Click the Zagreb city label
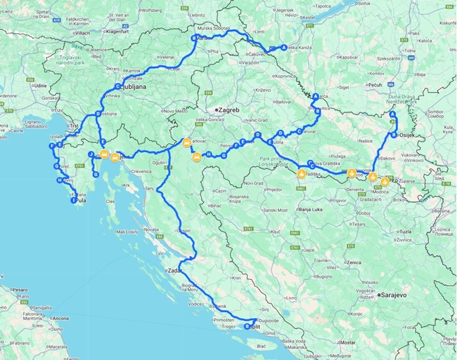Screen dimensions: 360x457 tap(228, 111)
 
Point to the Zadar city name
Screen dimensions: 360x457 tap(175, 270)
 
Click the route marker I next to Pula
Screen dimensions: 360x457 tap(73, 201)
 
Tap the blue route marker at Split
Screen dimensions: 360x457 tap(247, 327)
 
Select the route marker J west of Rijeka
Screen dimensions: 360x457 tap(91, 154)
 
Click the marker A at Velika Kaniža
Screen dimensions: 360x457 tap(284, 47)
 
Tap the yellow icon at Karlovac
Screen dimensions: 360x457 tap(186, 143)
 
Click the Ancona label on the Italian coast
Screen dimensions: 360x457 tap(61, 319)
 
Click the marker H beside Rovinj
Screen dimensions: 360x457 tap(59, 180)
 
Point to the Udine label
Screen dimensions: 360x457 tap(41, 86)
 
